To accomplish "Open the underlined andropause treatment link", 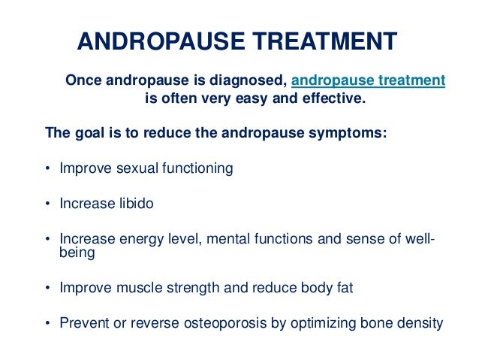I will (x=367, y=80).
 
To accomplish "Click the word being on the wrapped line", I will (x=77, y=253).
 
